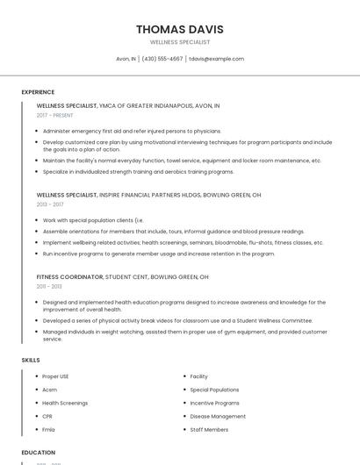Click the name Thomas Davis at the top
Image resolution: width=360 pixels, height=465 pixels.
tap(179, 29)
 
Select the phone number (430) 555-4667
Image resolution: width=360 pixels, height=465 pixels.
tap(162, 59)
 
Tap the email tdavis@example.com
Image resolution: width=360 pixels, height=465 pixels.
tap(216, 59)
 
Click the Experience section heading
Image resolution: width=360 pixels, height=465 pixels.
tap(38, 92)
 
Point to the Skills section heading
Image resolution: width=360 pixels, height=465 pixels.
tap(31, 360)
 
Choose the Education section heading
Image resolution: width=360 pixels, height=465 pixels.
tap(38, 453)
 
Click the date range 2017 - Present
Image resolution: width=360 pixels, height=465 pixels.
tap(55, 115)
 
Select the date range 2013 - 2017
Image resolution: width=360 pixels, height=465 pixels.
tap(50, 204)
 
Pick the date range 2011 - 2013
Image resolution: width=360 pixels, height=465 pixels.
tap(49, 287)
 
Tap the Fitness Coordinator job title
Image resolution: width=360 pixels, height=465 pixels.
tap(69, 277)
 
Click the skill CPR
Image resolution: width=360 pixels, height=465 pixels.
tap(47, 416)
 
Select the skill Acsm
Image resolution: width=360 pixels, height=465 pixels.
tap(49, 390)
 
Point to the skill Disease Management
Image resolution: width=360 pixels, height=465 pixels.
tap(218, 416)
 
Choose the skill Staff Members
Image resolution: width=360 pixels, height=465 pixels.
tap(209, 430)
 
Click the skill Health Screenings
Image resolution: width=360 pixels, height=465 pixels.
tap(65, 403)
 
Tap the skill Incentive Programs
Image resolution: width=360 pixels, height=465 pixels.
tap(214, 403)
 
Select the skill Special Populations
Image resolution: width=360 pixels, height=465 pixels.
tap(214, 390)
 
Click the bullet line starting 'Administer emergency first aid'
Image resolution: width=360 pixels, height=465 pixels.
tap(132, 131)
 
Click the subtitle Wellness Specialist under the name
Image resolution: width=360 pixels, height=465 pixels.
tap(179, 42)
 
